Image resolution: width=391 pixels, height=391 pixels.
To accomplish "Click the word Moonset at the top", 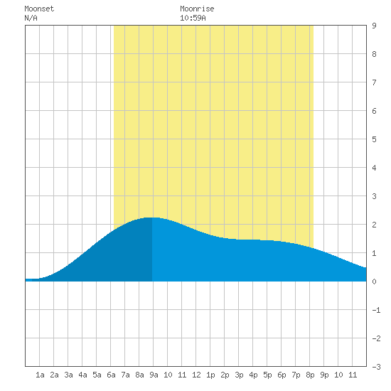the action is [x=39, y=9].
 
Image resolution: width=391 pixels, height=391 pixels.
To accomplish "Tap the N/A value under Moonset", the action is [x=31, y=18].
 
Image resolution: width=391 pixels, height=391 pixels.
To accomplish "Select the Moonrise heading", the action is [x=197, y=9].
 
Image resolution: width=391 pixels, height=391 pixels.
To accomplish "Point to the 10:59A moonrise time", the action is [x=193, y=18].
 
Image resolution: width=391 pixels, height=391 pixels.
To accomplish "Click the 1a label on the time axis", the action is [x=40, y=375].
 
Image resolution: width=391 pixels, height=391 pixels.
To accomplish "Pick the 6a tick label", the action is [x=111, y=375].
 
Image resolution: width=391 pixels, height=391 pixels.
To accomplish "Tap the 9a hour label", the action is [x=154, y=375].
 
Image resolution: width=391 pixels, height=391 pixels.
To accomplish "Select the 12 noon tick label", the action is [x=196, y=375].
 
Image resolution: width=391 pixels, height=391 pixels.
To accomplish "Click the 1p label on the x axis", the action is [x=210, y=375].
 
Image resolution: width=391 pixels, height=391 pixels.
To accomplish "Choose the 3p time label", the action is [x=239, y=375].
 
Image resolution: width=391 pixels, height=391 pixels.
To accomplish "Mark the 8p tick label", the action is [x=310, y=375].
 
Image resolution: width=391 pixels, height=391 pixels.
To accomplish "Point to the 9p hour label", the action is [x=324, y=375].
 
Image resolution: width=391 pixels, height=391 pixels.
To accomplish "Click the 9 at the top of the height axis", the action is [x=374, y=26].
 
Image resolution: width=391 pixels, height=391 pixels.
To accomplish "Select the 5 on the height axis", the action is [x=374, y=139].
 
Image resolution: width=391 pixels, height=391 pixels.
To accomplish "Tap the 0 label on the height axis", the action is [x=374, y=282].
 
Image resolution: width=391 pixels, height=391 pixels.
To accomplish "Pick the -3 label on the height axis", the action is [x=376, y=367].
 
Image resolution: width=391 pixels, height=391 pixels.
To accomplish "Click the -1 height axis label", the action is [x=376, y=310].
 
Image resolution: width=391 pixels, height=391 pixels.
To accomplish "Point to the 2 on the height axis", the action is [x=374, y=225].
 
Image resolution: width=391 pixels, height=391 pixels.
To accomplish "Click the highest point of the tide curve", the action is [x=152, y=218].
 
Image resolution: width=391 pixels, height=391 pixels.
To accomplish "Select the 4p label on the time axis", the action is [x=253, y=375].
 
